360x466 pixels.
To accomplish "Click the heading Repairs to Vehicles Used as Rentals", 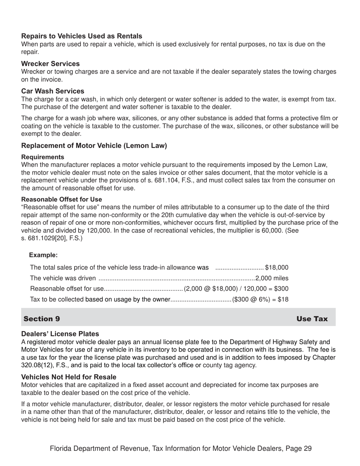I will pyautogui.click(x=81, y=36).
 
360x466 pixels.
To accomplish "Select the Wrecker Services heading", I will pyautogui.click(x=50, y=64).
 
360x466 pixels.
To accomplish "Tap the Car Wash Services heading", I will pyautogui.click(x=53, y=91).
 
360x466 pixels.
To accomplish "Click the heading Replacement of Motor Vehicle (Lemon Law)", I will pyautogui.click(x=94, y=146).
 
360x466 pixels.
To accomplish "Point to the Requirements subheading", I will pyautogui.click(x=42, y=157).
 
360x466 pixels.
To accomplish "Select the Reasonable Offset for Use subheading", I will pyautogui.click(x=61, y=199).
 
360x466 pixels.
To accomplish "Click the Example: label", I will pyautogui.click(x=43, y=255).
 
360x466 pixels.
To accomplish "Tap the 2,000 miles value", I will pyautogui.click(x=272, y=278).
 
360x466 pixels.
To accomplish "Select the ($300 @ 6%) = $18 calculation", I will pyautogui.click(x=260, y=299).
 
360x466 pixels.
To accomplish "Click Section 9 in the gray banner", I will pyautogui.click(x=42, y=319).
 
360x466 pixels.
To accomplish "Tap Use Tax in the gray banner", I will pyautogui.click(x=312, y=319).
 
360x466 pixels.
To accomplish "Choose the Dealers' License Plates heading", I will pyautogui.click(x=60, y=334).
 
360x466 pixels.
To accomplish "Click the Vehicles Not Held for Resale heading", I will pyautogui.click(x=69, y=377).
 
